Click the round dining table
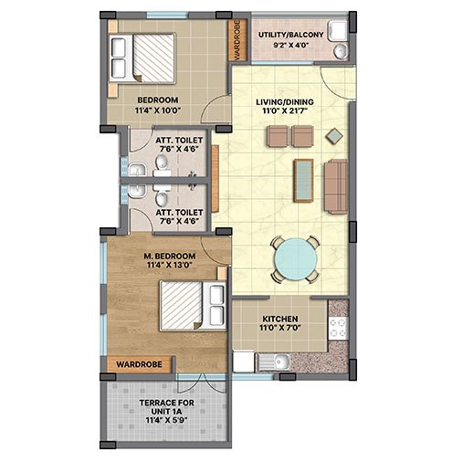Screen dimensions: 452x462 295,259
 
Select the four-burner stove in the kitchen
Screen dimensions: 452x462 338,328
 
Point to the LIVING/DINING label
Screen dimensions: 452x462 285,101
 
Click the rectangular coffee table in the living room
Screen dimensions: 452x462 303,180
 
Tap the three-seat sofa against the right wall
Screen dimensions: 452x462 336,186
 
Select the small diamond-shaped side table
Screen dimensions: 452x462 334,136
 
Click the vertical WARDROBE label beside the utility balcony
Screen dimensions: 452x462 237,39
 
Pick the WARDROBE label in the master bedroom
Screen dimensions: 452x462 139,364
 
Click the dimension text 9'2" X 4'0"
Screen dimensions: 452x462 291,46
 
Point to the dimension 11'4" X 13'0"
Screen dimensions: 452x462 169,265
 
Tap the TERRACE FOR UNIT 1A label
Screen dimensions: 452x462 166,407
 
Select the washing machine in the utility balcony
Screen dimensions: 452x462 338,30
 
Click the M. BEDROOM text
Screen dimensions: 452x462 170,256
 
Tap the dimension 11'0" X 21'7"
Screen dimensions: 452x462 285,110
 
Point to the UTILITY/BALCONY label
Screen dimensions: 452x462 291,35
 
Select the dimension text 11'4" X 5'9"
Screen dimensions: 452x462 166,420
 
